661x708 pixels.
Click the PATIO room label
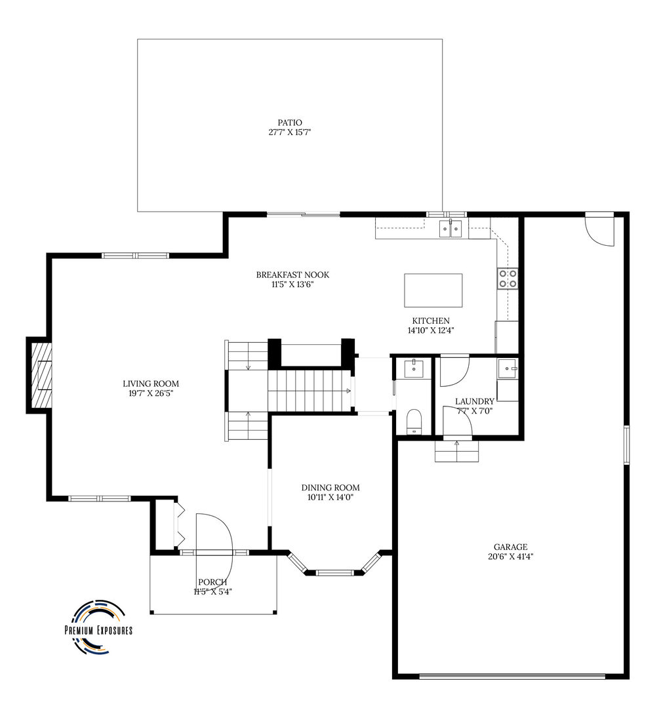[x=290, y=123]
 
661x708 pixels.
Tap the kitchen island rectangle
[x=433, y=290]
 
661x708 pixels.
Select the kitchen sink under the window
[x=451, y=229]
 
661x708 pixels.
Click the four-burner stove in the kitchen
[x=508, y=278]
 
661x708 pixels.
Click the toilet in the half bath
[x=413, y=422]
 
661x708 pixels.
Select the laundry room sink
[x=508, y=369]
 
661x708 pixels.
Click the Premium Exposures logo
[x=98, y=627]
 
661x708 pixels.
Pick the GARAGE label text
[x=511, y=547]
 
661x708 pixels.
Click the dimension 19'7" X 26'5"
[x=151, y=393]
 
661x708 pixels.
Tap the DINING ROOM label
[x=330, y=488]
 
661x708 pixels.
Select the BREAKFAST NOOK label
[x=292, y=275]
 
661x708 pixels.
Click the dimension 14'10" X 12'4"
[x=431, y=330]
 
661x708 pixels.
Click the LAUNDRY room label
[x=474, y=401]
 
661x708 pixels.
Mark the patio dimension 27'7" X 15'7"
[x=290, y=132]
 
